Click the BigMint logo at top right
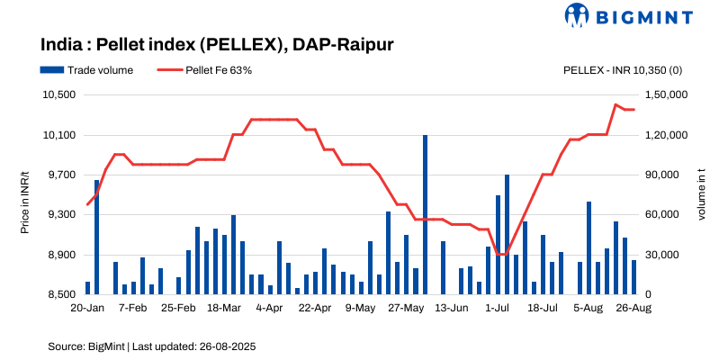coord(629,15)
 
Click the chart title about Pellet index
coord(217,43)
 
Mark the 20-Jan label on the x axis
coord(87,308)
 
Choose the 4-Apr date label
coord(270,308)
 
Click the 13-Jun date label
coord(452,308)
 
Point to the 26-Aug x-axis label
coord(634,308)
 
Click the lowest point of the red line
coord(502,255)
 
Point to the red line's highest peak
coord(616,105)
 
